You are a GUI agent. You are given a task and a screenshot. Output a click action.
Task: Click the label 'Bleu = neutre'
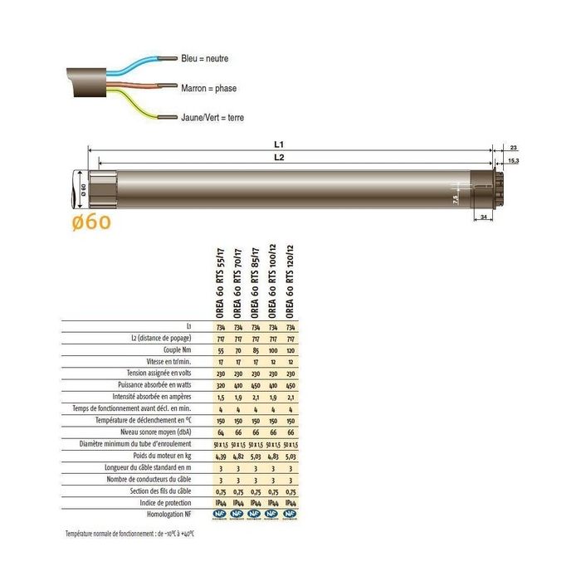(x=204, y=59)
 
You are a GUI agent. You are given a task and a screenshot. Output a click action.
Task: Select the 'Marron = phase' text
(x=208, y=87)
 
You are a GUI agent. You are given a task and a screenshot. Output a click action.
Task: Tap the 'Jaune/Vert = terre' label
(x=212, y=118)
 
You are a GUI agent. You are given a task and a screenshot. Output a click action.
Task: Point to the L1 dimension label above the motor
(x=289, y=144)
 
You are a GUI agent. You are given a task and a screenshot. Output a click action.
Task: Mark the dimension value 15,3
(x=513, y=159)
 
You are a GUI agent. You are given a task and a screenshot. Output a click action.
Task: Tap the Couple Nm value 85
(x=255, y=351)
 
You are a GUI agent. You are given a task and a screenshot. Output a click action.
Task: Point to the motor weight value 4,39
(x=220, y=456)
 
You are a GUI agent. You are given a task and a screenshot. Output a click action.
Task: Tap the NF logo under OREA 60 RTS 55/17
(x=220, y=515)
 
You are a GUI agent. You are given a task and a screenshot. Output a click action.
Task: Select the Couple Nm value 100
(x=272, y=351)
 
